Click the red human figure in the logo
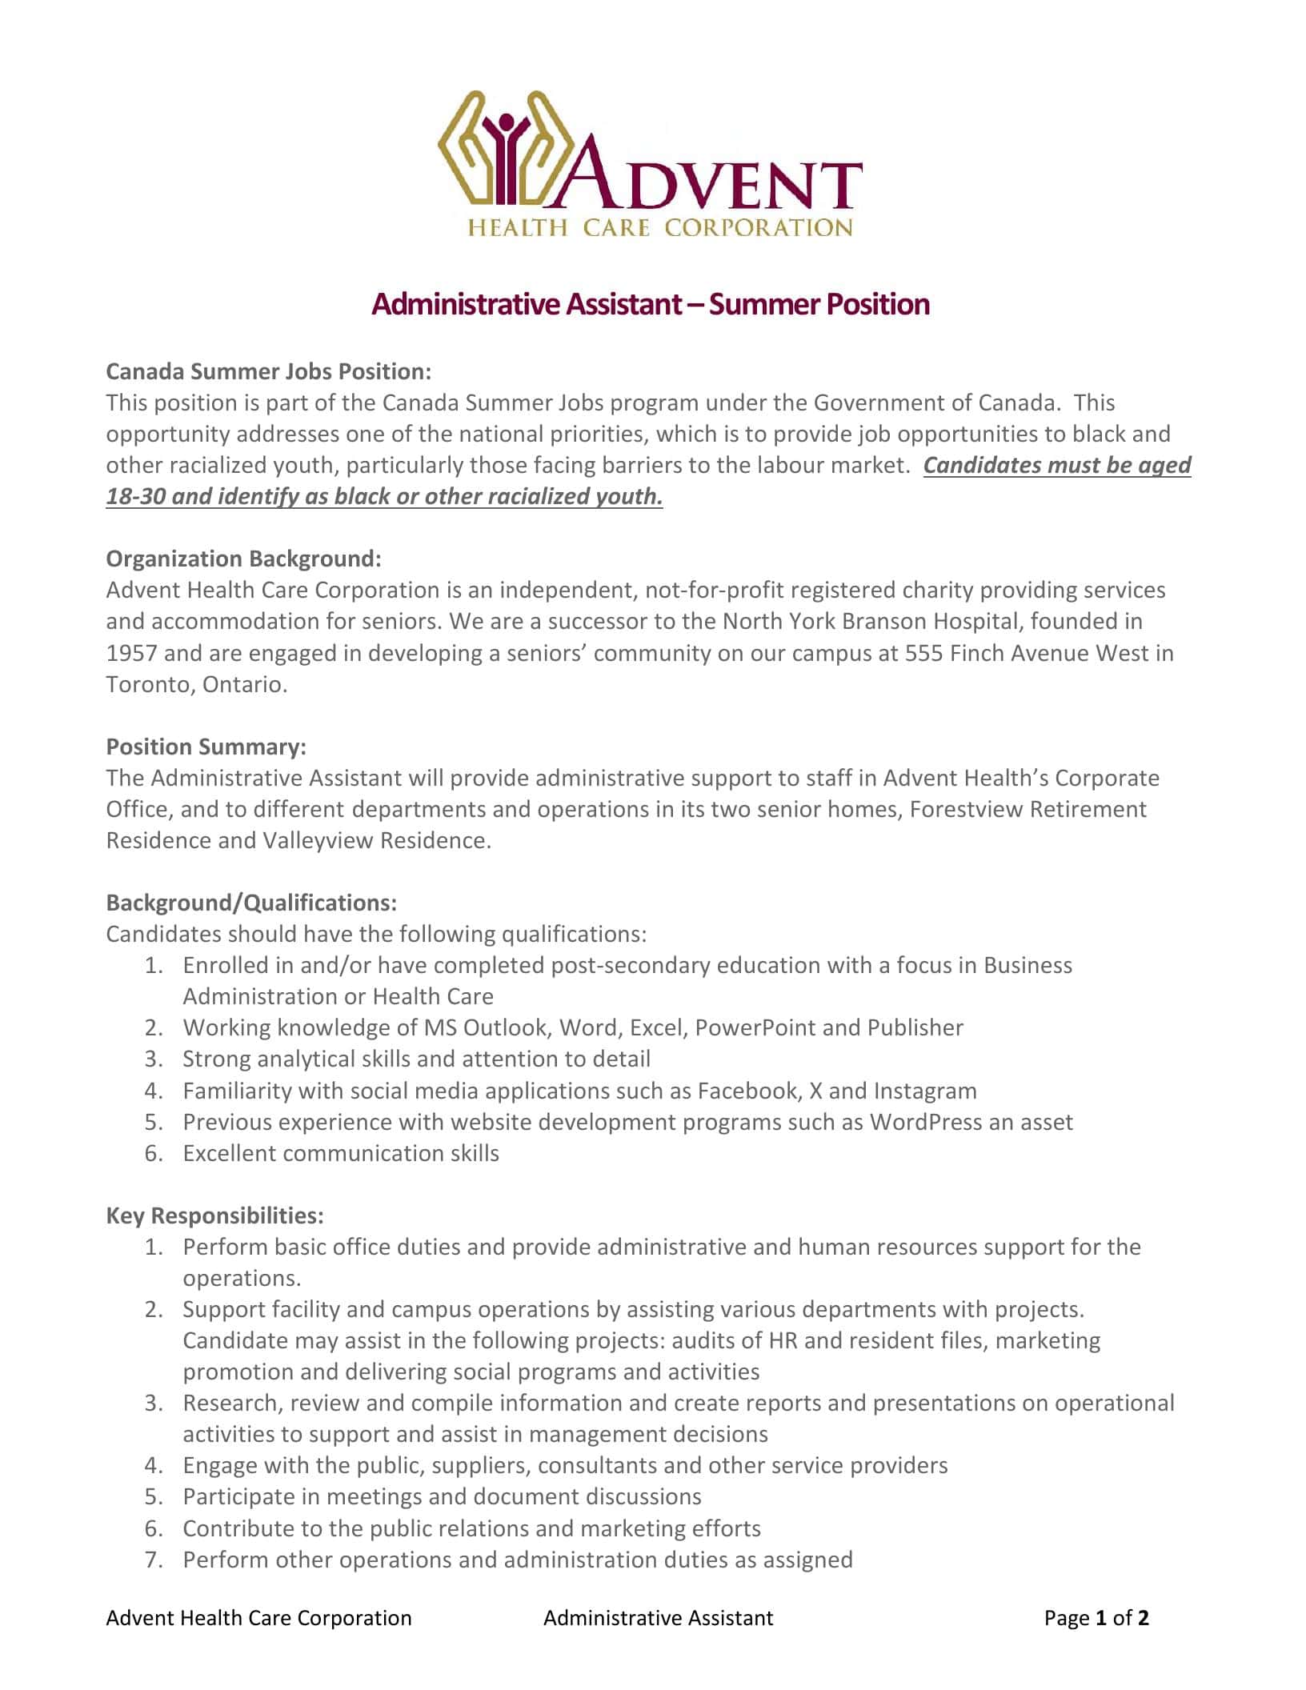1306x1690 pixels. [506, 152]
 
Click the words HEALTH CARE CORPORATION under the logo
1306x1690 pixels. [660, 228]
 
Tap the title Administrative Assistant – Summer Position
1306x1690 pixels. [651, 304]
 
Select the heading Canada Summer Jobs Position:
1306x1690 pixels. [269, 371]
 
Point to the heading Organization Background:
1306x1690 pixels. [244, 559]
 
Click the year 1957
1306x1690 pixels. [132, 653]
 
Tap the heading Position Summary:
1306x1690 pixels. [206, 747]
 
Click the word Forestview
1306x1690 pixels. [966, 809]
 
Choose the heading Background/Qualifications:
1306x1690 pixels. [251, 903]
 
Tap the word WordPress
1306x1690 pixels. [925, 1122]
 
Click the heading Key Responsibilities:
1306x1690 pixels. [215, 1215]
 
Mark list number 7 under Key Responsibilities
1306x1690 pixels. [154, 1560]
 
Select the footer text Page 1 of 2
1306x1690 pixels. [1096, 1618]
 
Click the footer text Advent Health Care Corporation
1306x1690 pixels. [258, 1618]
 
